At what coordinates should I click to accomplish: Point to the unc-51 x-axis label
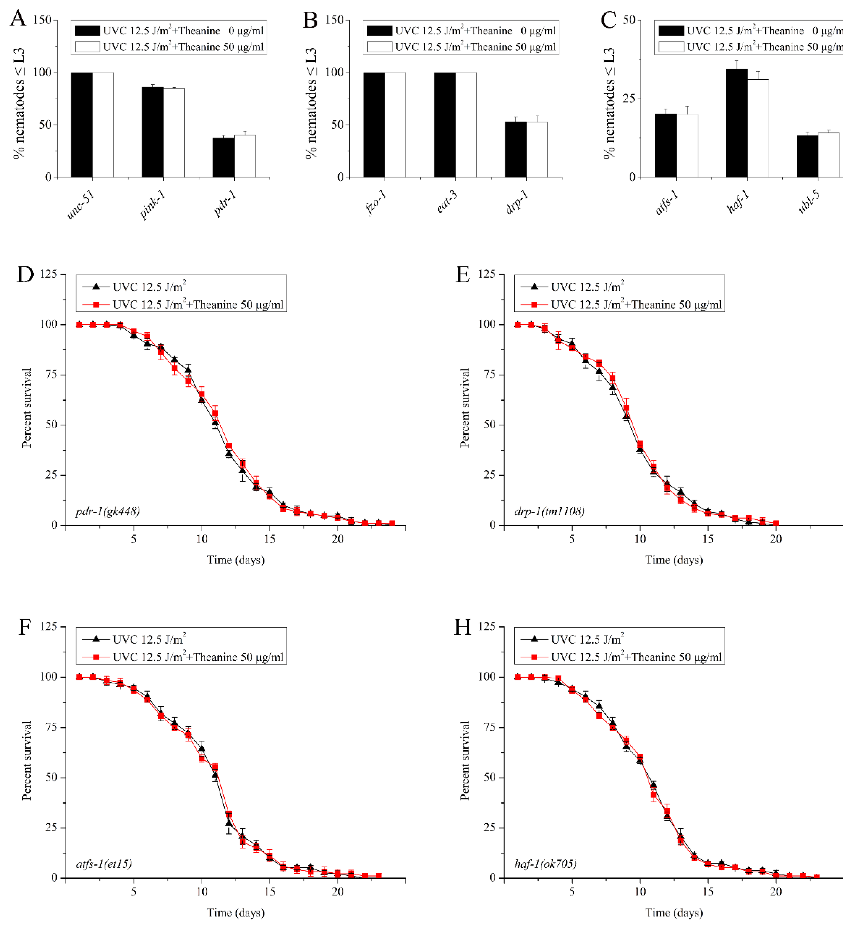81,205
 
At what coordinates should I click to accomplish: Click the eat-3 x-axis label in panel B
447,202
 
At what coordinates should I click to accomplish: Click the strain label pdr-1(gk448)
107,511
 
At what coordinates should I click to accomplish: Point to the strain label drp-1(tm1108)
549,511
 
